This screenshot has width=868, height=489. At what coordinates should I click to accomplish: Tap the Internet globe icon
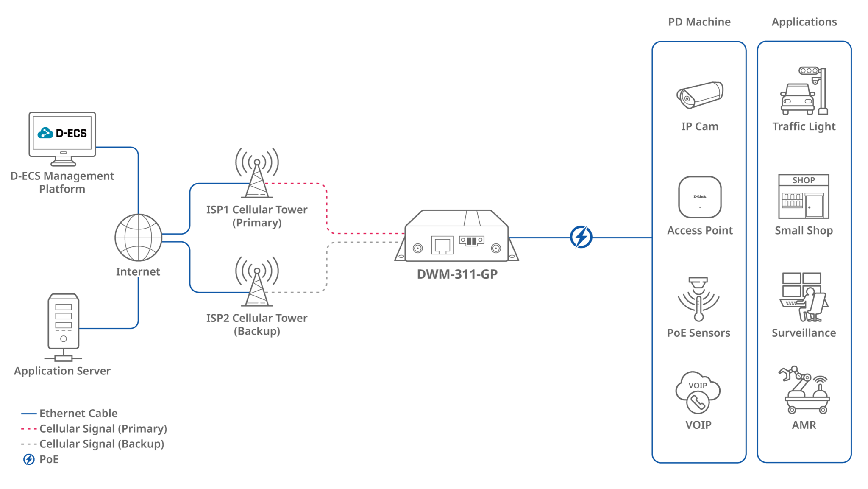click(x=138, y=238)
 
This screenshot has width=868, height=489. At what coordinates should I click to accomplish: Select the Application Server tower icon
click(x=64, y=322)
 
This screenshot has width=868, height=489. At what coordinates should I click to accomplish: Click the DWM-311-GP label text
click(x=457, y=274)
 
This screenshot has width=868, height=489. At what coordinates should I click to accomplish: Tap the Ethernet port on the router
click(x=442, y=245)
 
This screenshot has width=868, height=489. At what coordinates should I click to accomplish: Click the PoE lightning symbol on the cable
click(x=581, y=237)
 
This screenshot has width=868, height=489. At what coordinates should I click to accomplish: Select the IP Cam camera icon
click(x=700, y=95)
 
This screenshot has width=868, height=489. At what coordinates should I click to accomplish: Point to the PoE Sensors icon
click(x=698, y=299)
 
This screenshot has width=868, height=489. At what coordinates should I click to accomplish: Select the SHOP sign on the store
click(x=804, y=180)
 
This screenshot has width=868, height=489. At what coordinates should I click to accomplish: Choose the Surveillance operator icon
click(x=804, y=297)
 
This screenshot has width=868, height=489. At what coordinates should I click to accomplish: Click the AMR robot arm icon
click(x=804, y=390)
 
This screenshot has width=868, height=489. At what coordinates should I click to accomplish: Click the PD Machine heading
click(x=699, y=22)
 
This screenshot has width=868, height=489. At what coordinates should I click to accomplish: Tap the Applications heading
click(x=804, y=22)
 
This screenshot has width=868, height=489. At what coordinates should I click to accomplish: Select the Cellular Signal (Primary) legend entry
click(x=103, y=429)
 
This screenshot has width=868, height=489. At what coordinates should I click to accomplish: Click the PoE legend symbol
click(x=29, y=459)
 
